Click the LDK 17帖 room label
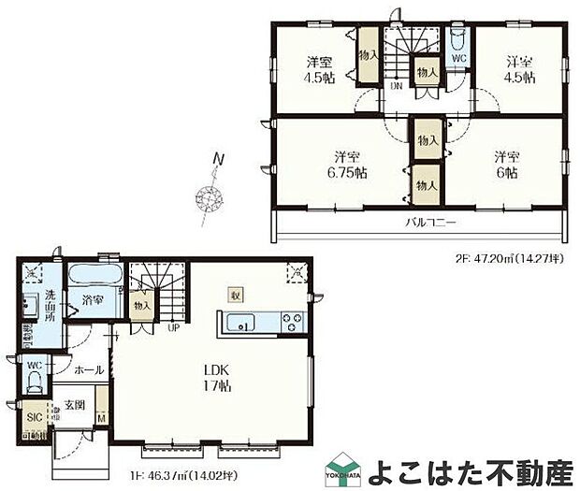pos(213,375)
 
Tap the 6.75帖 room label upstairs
pos(346,164)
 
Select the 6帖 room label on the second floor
pos(507,164)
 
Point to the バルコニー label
pos(431,224)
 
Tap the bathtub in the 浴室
pos(94,277)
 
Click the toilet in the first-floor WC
pos(35,380)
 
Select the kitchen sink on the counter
pos(245,325)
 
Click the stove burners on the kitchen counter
pos(290,325)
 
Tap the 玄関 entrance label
pos(75,405)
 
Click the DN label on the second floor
pos(397,86)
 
